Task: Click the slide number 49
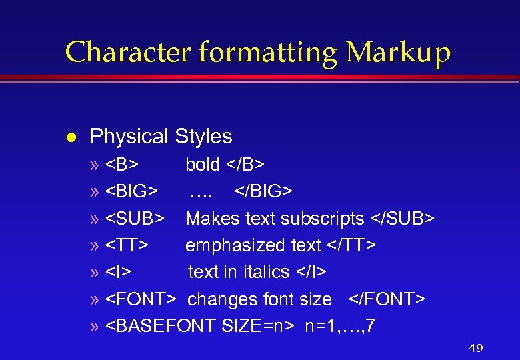point(475,349)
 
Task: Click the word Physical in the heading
point(129,137)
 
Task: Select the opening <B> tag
point(123,165)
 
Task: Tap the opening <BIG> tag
point(133,192)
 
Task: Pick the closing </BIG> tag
point(263,192)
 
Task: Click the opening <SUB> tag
point(136,219)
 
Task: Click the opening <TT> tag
point(127,245)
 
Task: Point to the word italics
point(267,272)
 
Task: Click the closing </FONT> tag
point(386,299)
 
